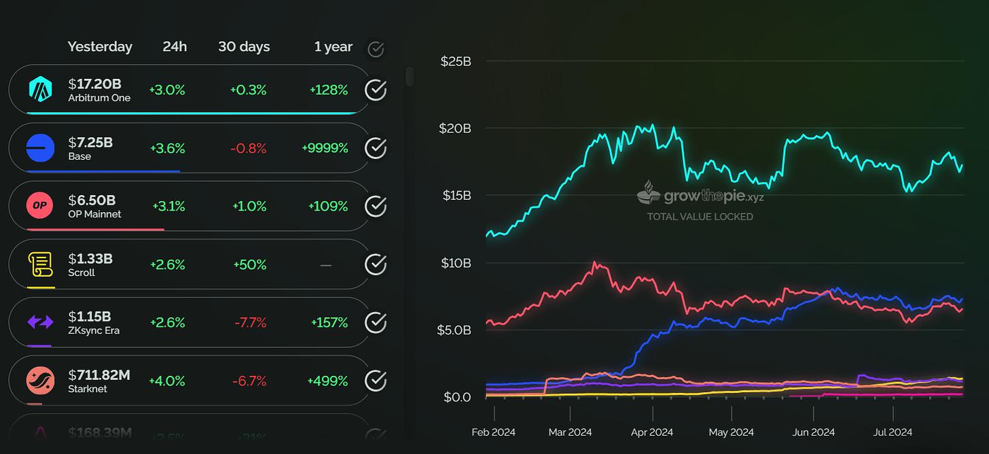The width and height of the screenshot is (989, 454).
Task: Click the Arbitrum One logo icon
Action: click(x=41, y=90)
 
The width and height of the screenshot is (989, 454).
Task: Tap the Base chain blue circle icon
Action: click(x=41, y=148)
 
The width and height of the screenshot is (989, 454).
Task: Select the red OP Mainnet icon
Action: click(x=41, y=206)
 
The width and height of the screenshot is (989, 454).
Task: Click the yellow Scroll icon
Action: click(x=41, y=264)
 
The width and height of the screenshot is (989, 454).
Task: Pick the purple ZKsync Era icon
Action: click(x=41, y=322)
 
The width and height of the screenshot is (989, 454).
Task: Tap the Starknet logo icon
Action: click(x=41, y=381)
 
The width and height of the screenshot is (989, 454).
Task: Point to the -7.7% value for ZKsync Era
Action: click(x=250, y=322)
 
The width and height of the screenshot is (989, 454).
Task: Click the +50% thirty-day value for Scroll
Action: click(x=249, y=264)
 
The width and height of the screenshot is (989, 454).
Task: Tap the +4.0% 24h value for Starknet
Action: click(x=167, y=381)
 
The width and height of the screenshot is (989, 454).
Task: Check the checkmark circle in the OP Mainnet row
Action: click(x=376, y=206)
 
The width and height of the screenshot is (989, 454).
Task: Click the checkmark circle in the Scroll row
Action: click(x=376, y=264)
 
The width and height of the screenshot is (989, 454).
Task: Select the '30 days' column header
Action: click(x=244, y=47)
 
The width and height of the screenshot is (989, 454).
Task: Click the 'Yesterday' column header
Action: click(x=100, y=47)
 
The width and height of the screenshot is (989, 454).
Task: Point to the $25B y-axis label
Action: click(x=456, y=61)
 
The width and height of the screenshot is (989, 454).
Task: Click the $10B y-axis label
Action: click(x=456, y=263)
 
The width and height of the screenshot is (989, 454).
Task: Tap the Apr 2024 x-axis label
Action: click(x=652, y=432)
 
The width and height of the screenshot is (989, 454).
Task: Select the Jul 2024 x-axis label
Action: click(x=893, y=432)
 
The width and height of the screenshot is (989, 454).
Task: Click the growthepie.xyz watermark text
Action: click(x=706, y=197)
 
